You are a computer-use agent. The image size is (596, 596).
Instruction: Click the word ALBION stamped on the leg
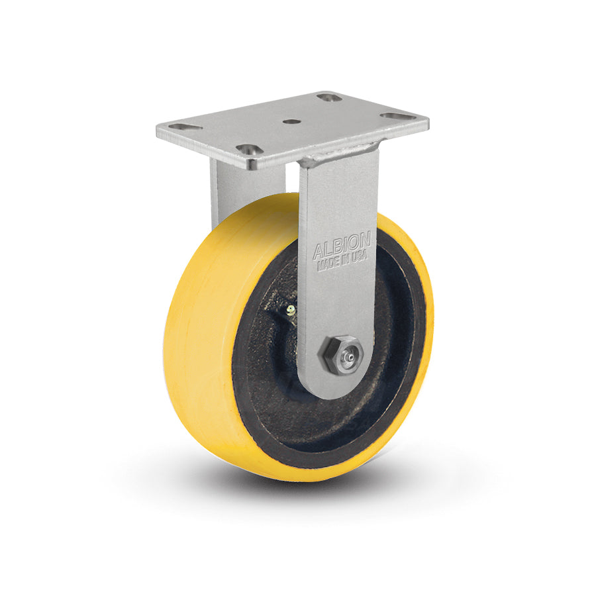pos(341,251)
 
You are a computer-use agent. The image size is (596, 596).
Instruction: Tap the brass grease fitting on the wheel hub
pos(291,309)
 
